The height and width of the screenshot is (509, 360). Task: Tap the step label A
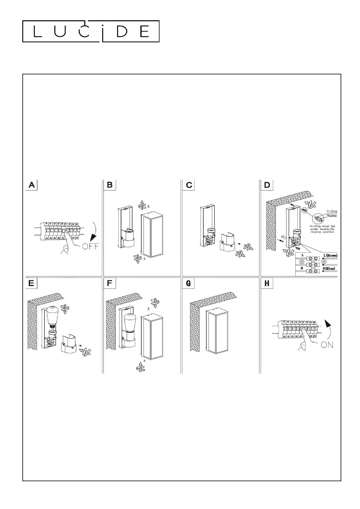point(32,185)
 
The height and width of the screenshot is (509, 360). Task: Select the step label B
point(110,185)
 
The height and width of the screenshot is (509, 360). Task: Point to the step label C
point(189,185)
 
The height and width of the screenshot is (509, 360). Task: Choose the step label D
point(267,185)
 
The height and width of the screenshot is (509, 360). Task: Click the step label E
point(31,283)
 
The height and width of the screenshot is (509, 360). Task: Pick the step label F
point(110,283)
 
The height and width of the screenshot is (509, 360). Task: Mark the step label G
point(188,283)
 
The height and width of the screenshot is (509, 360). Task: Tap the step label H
point(267,283)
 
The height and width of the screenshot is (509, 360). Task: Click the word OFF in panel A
point(90,246)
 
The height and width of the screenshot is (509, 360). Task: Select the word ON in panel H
point(327,345)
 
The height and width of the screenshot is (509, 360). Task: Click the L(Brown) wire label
point(330,255)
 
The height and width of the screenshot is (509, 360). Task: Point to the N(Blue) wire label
point(329,268)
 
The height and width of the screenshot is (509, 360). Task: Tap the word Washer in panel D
point(332,215)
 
